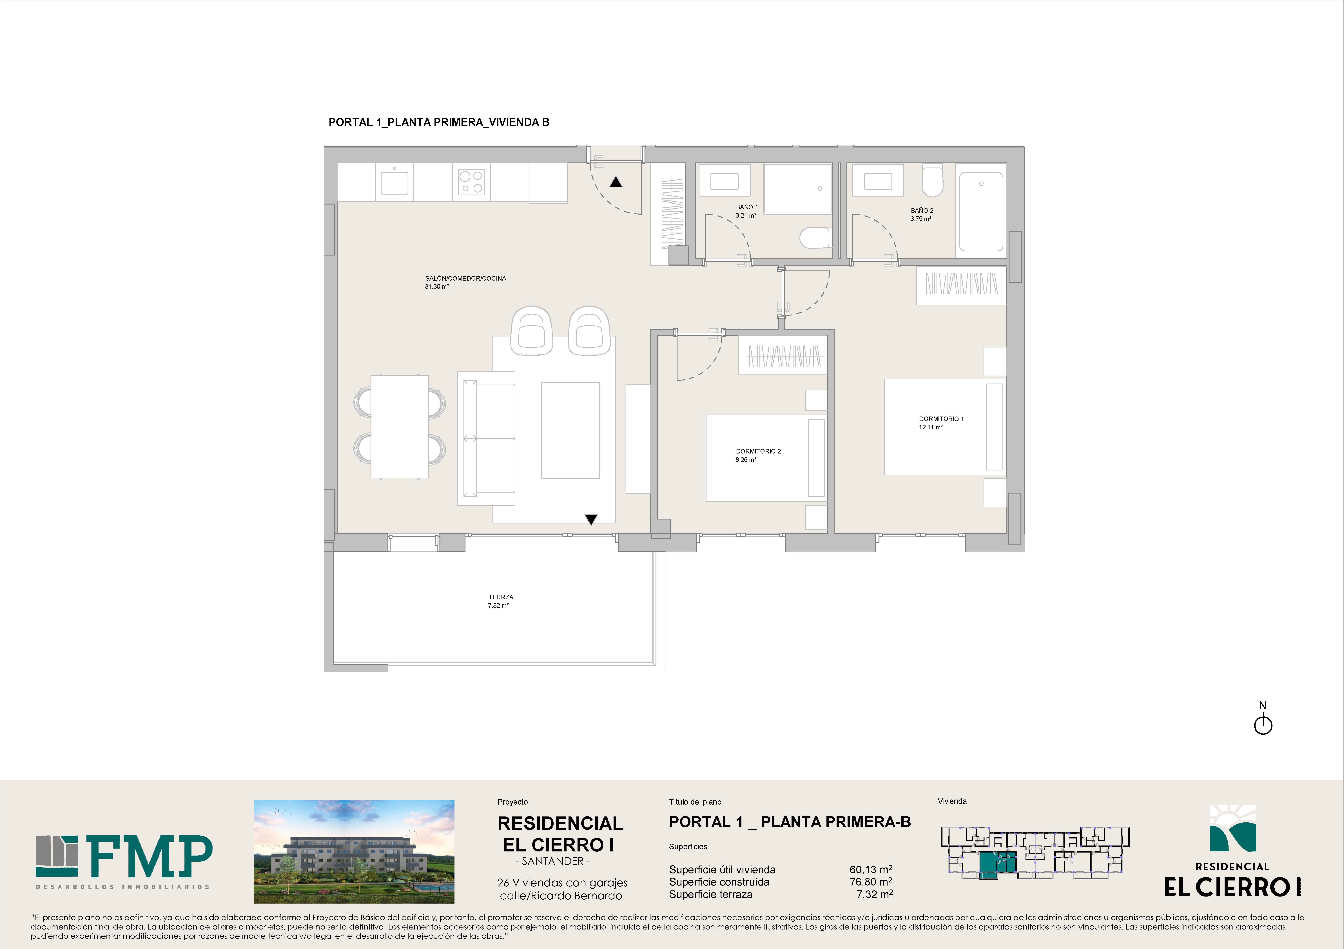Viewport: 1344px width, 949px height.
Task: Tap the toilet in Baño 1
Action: pyautogui.click(x=815, y=238)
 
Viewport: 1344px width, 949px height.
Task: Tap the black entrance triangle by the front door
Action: pyautogui.click(x=616, y=182)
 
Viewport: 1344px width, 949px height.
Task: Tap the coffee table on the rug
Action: pyautogui.click(x=570, y=431)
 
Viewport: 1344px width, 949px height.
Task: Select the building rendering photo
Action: pyautogui.click(x=354, y=851)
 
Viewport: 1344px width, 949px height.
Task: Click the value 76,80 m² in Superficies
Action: pyautogui.click(x=871, y=882)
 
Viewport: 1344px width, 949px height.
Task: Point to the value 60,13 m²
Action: pyautogui.click(x=871, y=869)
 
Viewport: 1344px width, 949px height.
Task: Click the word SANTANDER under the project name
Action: pyautogui.click(x=553, y=861)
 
